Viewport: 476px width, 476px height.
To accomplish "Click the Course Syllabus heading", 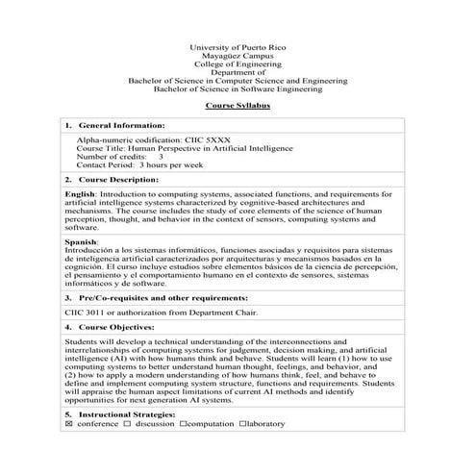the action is [238, 111].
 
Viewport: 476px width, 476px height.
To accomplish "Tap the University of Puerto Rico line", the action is [238, 47].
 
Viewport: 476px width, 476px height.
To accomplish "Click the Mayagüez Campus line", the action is [238, 56].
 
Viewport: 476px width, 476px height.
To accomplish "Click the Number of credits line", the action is [119, 157].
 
